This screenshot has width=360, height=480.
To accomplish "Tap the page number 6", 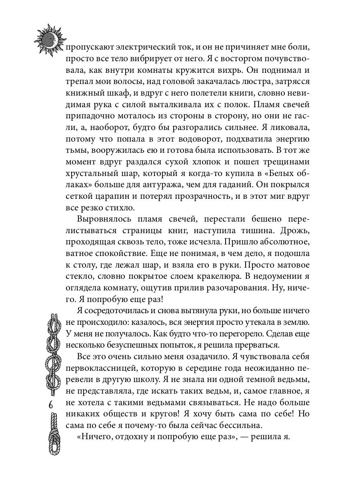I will click(x=51, y=404).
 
